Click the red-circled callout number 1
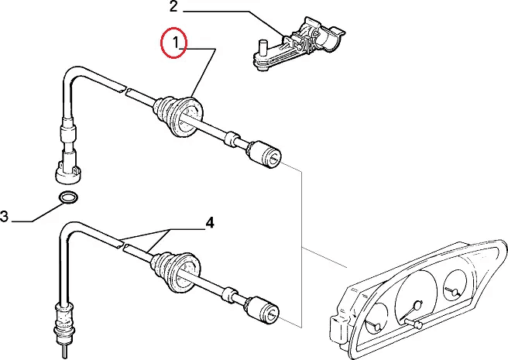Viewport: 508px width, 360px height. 177,43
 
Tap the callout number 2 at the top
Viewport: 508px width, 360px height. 173,9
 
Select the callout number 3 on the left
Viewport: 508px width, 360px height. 5,218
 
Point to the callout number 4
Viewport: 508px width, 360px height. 209,224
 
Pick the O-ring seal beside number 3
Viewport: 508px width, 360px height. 68,197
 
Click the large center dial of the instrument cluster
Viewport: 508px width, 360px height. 417,299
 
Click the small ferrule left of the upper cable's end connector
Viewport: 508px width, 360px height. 231,139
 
